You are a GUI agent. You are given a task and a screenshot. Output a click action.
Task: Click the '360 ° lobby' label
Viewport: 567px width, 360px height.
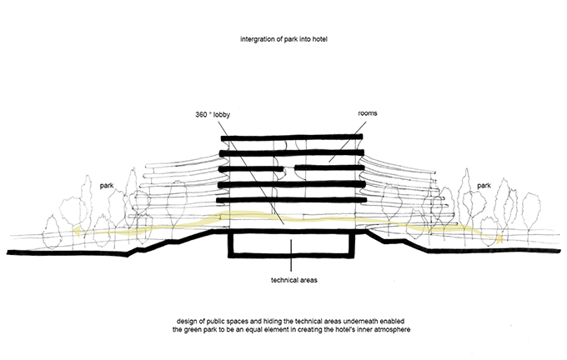tap(213, 114)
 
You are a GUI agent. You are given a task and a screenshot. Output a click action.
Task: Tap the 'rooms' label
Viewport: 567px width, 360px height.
tap(368, 113)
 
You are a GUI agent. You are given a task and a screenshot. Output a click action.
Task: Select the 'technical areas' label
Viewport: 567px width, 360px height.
tap(294, 280)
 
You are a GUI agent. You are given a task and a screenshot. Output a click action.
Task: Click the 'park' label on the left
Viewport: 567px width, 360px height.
tap(107, 186)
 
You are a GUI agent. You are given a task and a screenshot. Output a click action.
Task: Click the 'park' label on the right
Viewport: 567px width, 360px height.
tap(484, 186)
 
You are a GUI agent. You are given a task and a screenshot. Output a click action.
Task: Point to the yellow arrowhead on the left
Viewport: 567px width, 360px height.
tap(77, 232)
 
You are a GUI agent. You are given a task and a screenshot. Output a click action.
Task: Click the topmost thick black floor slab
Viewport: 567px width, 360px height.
tap(292, 137)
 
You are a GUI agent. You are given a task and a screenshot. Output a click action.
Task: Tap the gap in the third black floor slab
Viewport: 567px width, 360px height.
tap(289, 168)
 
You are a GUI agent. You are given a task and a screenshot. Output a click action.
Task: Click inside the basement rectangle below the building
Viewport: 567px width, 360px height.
tap(291, 244)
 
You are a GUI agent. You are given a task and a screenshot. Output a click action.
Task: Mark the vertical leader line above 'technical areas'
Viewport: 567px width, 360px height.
tap(291, 255)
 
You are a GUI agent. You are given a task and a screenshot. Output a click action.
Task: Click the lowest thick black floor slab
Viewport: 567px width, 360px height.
tap(292, 199)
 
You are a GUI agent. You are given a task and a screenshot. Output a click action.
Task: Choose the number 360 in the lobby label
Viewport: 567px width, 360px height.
tap(201, 114)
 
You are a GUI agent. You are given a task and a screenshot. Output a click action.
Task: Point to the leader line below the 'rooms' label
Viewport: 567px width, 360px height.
tap(347, 142)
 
